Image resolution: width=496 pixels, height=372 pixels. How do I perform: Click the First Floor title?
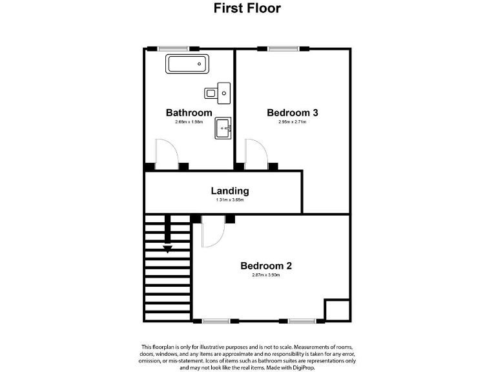(x=247, y=8)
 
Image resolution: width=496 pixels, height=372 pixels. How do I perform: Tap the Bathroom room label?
(x=189, y=112)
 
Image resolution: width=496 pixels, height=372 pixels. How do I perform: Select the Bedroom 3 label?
(x=293, y=112)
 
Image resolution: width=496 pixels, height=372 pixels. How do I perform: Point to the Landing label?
(x=230, y=191)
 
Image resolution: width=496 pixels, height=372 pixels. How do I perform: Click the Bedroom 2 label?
(x=266, y=265)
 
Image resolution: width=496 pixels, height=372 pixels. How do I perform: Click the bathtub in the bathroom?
(x=187, y=64)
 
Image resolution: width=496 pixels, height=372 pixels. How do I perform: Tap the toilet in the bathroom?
(x=217, y=93)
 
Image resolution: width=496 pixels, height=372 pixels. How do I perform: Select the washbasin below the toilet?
(x=223, y=128)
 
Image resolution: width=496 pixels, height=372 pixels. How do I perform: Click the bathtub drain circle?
(x=200, y=64)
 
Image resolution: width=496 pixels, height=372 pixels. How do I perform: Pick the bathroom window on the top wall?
(x=173, y=48)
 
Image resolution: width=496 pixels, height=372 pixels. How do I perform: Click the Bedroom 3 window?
(x=283, y=48)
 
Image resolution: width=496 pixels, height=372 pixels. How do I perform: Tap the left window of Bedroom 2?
(x=216, y=321)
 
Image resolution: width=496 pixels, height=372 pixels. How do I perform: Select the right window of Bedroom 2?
(x=302, y=321)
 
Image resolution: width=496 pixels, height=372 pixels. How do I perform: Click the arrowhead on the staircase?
(x=167, y=249)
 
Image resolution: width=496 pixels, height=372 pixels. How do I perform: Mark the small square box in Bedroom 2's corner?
(x=337, y=310)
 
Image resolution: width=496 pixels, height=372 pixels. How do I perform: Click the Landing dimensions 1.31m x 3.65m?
(x=230, y=200)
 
